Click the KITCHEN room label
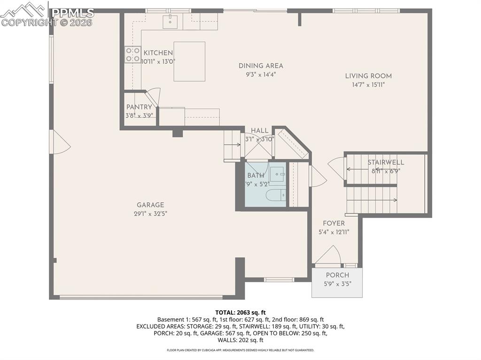click(x=158, y=53)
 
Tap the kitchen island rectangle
click(x=189, y=61)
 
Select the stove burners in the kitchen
click(x=132, y=54)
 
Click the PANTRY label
click(x=139, y=107)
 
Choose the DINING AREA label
click(x=261, y=66)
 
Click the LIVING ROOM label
click(x=368, y=76)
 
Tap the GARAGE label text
click(x=150, y=205)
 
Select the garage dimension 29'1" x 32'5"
click(x=150, y=214)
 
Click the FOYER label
click(x=334, y=223)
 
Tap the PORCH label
click(x=337, y=275)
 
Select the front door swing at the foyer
click(x=327, y=256)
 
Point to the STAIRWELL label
click(x=386, y=162)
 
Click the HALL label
click(x=259, y=130)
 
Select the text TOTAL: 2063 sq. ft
click(x=240, y=312)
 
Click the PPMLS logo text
click(x=72, y=13)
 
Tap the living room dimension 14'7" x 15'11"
click(x=368, y=85)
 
